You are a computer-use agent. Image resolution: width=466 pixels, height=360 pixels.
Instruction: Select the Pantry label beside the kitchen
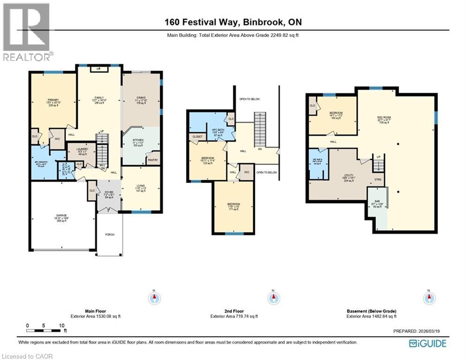coord(153,160)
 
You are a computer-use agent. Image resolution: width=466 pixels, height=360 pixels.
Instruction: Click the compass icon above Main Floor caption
coord(155,298)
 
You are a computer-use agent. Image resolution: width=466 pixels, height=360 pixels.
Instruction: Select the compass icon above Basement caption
coord(427,298)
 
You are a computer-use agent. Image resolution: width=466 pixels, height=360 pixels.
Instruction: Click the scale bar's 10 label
coord(61,325)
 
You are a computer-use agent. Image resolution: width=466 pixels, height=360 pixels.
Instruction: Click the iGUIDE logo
coord(427,343)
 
